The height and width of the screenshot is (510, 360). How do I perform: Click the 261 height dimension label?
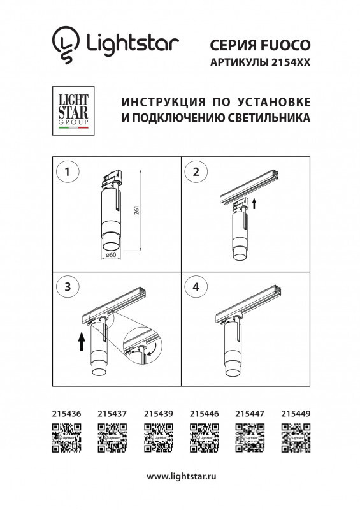click(136, 211)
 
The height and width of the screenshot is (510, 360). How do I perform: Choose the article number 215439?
click(158, 414)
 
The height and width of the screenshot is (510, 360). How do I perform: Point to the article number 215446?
click(204, 414)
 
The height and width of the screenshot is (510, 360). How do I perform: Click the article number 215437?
click(112, 414)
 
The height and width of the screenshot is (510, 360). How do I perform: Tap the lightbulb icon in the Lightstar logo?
click(65, 45)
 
